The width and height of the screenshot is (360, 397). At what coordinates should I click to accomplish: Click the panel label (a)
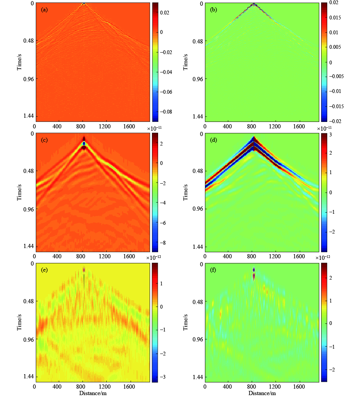pyautogui.click(x=44, y=10)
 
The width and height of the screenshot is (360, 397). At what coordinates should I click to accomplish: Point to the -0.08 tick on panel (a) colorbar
pyautogui.click(x=166, y=112)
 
